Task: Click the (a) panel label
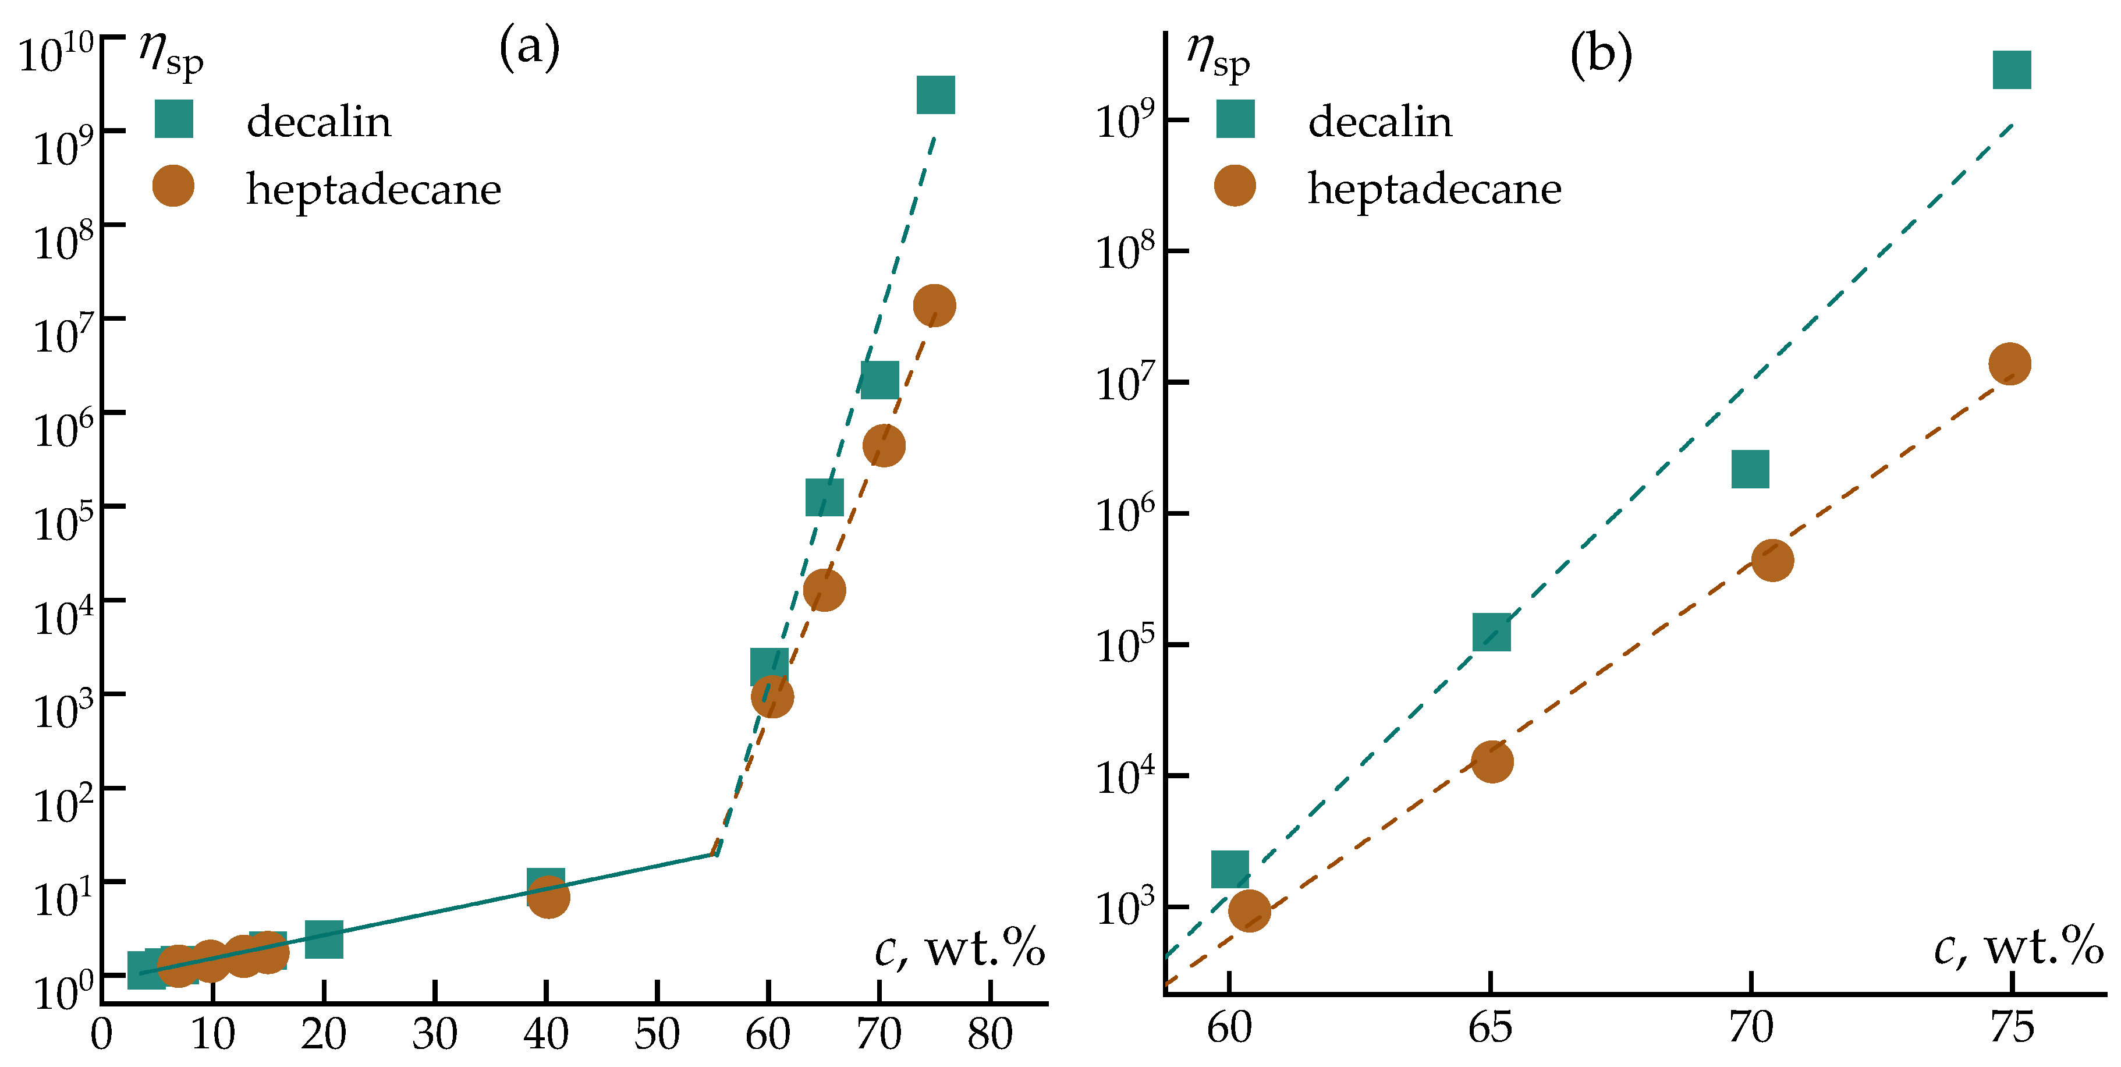530,48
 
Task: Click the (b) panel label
1601,56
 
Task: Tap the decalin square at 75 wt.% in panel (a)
935,95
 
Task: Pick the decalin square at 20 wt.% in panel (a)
324,940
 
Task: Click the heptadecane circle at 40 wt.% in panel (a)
548,896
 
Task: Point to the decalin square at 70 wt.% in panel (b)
1750,469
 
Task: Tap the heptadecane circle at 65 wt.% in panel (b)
1492,761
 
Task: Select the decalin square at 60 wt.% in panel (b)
1230,870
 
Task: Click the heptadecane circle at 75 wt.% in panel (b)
2010,364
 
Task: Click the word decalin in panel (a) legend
318,122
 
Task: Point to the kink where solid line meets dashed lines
715,854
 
